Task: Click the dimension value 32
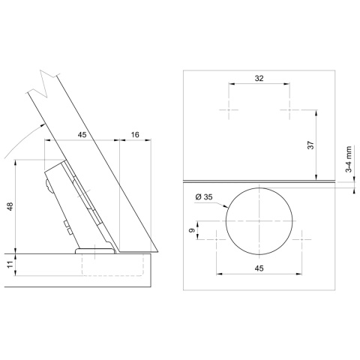pyautogui.click(x=259, y=78)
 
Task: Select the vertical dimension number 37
pyautogui.click(x=309, y=145)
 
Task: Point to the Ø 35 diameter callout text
pyautogui.click(x=204, y=196)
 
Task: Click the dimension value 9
pyautogui.click(x=190, y=228)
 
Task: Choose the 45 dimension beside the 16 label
pyautogui.click(x=82, y=135)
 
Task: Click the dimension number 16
pyautogui.click(x=133, y=135)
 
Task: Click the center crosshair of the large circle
pyautogui.click(x=259, y=223)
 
